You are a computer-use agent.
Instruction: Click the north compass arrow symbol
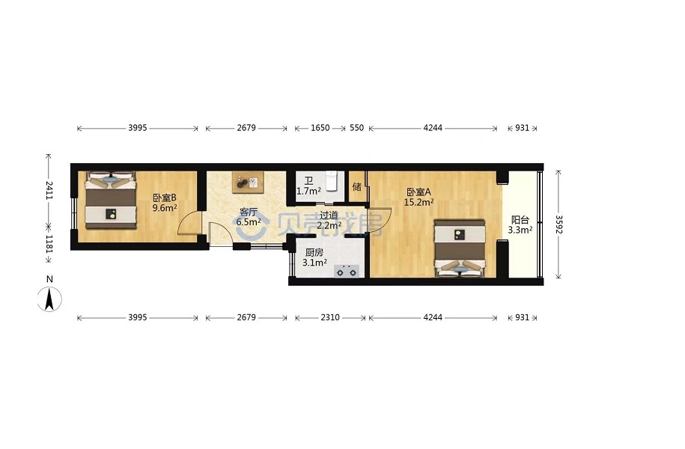[49, 299]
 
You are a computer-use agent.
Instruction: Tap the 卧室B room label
[164, 198]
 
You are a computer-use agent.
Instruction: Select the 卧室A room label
[418, 192]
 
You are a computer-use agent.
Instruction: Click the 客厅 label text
[248, 213]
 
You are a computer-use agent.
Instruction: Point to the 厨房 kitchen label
[314, 252]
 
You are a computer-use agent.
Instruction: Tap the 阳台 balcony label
[520, 220]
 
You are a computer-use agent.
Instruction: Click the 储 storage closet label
[357, 186]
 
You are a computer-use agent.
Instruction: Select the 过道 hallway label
[329, 216]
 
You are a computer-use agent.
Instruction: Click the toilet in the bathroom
[332, 180]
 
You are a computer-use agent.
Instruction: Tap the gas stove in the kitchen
[347, 271]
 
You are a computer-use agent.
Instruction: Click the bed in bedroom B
[110, 200]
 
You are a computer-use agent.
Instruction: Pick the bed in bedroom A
[459, 248]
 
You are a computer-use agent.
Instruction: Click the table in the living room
[248, 182]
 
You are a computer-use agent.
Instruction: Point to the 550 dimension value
[356, 128]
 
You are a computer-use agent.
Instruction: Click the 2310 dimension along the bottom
[330, 317]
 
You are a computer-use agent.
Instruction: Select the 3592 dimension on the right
[558, 224]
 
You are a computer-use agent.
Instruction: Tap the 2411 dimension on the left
[49, 190]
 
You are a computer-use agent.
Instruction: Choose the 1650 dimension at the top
[320, 128]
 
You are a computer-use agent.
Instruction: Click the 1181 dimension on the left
[49, 244]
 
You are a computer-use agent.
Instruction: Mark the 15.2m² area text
[418, 202]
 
